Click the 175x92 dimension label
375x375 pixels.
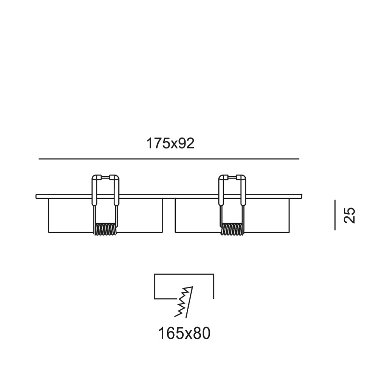tap(170, 144)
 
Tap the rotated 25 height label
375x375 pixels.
tap(349, 216)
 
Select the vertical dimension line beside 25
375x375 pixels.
tap(335, 215)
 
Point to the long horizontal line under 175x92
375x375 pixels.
tap(169, 159)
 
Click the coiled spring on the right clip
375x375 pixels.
tap(232, 229)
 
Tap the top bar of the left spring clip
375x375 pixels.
tap(105, 177)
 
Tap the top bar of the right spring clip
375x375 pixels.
tap(232, 177)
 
